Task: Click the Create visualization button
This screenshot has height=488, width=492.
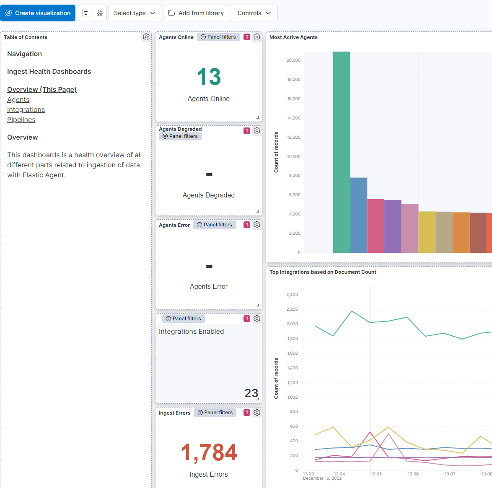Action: [x=38, y=13]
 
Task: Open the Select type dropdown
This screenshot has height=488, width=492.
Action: [x=135, y=13]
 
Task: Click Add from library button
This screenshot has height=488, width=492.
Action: [x=196, y=13]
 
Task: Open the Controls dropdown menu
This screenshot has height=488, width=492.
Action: [x=254, y=13]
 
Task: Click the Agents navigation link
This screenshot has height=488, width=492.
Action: [x=18, y=100]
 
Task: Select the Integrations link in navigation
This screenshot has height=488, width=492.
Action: [x=26, y=110]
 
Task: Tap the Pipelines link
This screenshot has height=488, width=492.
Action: [x=21, y=120]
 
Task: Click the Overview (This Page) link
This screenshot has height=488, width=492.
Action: [x=42, y=90]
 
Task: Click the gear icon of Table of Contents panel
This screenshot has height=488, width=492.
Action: [x=146, y=37]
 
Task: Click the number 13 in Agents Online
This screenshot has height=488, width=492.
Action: [x=209, y=77]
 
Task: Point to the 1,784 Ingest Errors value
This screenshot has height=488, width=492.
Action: [x=209, y=453]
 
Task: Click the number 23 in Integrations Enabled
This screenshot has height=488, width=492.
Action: [x=251, y=393]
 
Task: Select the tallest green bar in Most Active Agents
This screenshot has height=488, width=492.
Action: [x=342, y=152]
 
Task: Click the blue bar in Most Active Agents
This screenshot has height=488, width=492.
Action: [x=359, y=215]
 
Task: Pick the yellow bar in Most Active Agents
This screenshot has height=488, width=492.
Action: [x=427, y=232]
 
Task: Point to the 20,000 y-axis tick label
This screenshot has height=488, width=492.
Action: [x=293, y=60]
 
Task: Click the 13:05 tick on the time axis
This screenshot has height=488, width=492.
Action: [x=376, y=474]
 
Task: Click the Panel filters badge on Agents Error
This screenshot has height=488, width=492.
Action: [x=215, y=225]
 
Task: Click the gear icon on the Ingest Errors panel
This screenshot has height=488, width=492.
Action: [x=257, y=413]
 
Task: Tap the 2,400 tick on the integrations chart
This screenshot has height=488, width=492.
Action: [x=292, y=295]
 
